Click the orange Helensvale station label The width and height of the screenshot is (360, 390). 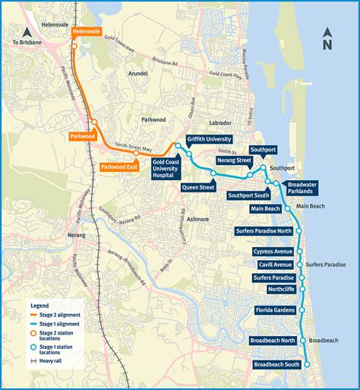tap(86, 32)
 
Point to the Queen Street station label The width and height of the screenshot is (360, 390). tap(197, 187)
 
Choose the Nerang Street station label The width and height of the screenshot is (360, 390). tap(233, 160)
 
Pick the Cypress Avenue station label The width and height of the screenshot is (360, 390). tap(272, 252)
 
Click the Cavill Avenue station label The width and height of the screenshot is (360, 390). tap(275, 265)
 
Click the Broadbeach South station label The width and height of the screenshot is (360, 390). tap(277, 365)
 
